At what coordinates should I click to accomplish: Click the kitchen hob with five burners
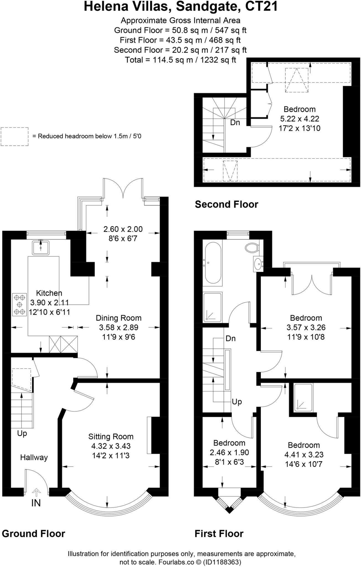(x=19, y=305)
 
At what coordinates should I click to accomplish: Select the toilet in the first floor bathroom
(x=252, y=248)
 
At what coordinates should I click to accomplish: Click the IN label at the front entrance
(x=36, y=503)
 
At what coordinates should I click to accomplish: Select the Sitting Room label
(x=111, y=437)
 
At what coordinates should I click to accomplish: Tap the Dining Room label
(x=118, y=318)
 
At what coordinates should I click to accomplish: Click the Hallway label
(x=34, y=457)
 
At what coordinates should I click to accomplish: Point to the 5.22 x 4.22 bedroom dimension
(x=300, y=119)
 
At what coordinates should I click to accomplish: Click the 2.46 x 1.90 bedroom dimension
(x=229, y=452)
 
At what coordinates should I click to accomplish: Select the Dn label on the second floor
(x=235, y=122)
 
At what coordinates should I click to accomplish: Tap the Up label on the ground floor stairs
(x=22, y=433)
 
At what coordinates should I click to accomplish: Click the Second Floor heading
(x=226, y=204)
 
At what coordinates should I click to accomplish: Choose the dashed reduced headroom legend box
(x=14, y=136)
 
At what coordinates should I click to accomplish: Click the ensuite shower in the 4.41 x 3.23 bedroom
(x=303, y=397)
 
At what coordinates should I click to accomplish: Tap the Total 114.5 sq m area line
(x=180, y=60)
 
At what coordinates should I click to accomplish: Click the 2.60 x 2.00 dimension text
(x=123, y=229)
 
